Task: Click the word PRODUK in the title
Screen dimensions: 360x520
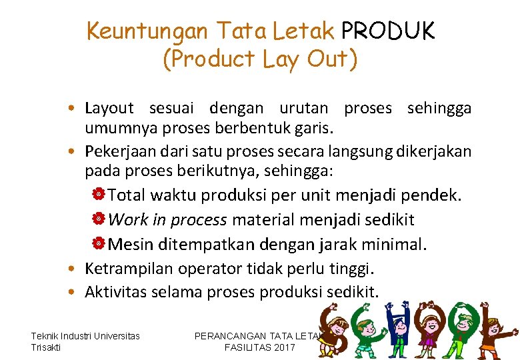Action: (387, 30)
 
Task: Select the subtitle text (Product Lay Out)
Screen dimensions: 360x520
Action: (260, 59)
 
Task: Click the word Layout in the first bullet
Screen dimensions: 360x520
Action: (109, 108)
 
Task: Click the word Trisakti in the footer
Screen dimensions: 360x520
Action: (45, 347)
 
